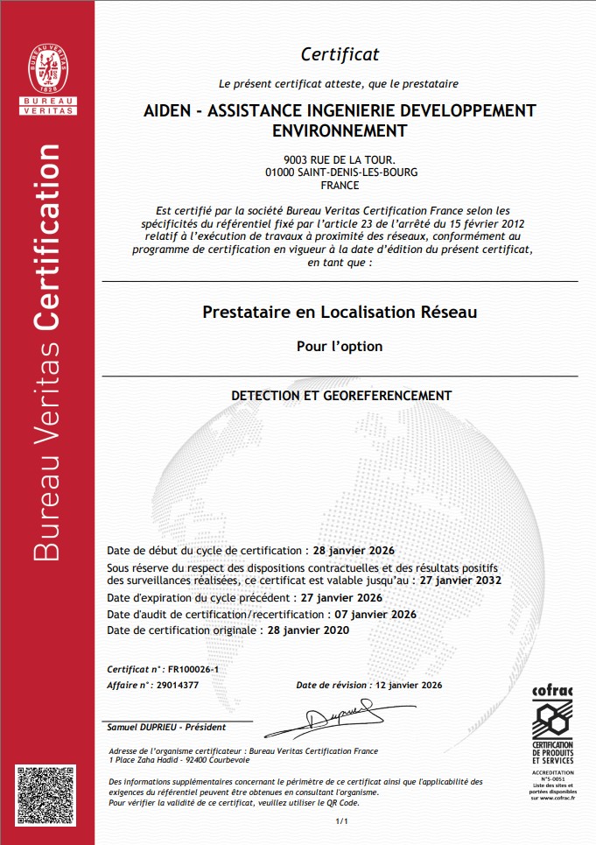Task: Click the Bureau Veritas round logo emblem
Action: [x=54, y=60]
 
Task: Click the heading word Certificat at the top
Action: [x=340, y=54]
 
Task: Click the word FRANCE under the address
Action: [x=340, y=186]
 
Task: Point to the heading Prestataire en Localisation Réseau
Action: [x=340, y=311]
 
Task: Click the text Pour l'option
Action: [x=340, y=346]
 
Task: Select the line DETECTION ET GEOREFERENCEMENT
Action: [x=340, y=396]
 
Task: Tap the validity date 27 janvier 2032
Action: [x=462, y=580]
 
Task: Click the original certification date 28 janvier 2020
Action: [x=308, y=630]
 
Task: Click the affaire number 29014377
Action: [x=179, y=685]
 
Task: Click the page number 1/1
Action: [x=340, y=821]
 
